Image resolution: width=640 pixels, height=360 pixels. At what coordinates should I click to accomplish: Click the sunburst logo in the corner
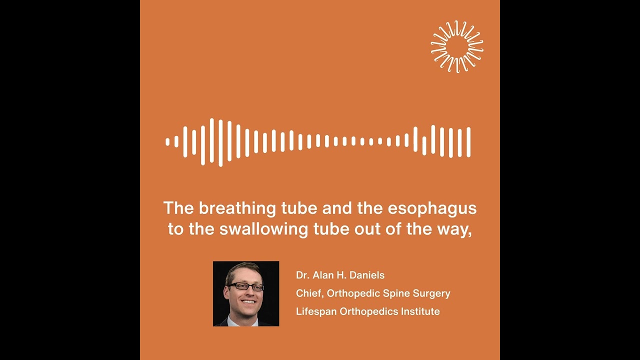457,46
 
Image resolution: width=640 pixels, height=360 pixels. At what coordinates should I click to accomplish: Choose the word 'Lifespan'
316,311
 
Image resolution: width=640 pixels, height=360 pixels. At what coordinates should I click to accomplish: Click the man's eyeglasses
245,287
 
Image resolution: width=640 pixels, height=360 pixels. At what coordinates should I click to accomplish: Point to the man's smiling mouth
248,301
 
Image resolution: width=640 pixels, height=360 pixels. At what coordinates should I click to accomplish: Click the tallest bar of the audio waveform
220,142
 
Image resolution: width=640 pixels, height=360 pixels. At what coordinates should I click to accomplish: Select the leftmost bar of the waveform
167,142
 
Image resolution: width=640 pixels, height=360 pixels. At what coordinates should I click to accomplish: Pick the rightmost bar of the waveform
468,142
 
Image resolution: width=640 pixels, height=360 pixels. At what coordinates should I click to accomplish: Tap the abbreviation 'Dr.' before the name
302,275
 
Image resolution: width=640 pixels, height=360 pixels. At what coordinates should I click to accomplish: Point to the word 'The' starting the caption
178,208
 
